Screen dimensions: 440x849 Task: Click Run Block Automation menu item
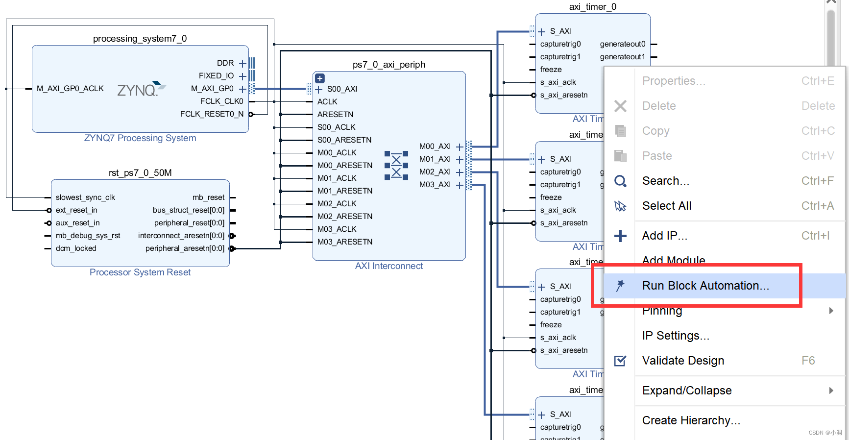[705, 286]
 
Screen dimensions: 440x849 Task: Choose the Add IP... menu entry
[664, 236]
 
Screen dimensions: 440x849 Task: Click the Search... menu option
[665, 181]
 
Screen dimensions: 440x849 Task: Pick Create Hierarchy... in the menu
[691, 420]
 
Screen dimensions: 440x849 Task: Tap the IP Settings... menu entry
[675, 336]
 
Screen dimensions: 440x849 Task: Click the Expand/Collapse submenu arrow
[831, 391]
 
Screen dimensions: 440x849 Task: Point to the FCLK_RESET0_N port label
[212, 114]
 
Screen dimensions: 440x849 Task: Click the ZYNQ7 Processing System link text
[140, 138]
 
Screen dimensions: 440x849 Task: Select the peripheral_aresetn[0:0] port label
[185, 248]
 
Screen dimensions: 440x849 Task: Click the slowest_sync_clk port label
[85, 197]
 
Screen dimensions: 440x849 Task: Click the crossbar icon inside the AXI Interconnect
[396, 166]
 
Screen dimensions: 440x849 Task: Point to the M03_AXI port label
[435, 185]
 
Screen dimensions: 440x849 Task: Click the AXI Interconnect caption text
[388, 266]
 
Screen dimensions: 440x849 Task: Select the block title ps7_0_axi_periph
[388, 65]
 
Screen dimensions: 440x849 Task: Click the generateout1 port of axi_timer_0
[622, 57]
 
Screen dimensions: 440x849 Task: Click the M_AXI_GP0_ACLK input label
[70, 89]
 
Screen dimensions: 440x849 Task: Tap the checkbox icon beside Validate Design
[620, 361]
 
